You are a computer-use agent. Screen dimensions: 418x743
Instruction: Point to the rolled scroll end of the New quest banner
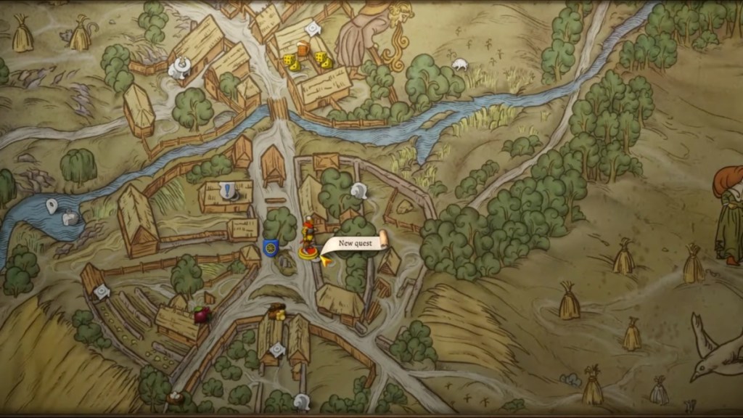[383, 239]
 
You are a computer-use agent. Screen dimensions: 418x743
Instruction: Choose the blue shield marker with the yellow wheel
[271, 248]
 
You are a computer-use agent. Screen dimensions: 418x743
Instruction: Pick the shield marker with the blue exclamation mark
[229, 191]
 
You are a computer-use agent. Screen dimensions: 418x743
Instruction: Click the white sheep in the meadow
[460, 64]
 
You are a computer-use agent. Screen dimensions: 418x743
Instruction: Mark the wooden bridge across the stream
[278, 109]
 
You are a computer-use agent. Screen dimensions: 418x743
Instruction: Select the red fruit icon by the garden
[202, 314]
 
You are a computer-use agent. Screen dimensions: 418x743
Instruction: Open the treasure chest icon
[276, 313]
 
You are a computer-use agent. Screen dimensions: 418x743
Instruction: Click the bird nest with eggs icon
[175, 398]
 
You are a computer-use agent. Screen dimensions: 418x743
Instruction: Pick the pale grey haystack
[658, 391]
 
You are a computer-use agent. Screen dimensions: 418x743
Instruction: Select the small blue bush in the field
[571, 379]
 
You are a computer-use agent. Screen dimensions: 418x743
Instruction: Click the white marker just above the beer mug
[312, 28]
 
